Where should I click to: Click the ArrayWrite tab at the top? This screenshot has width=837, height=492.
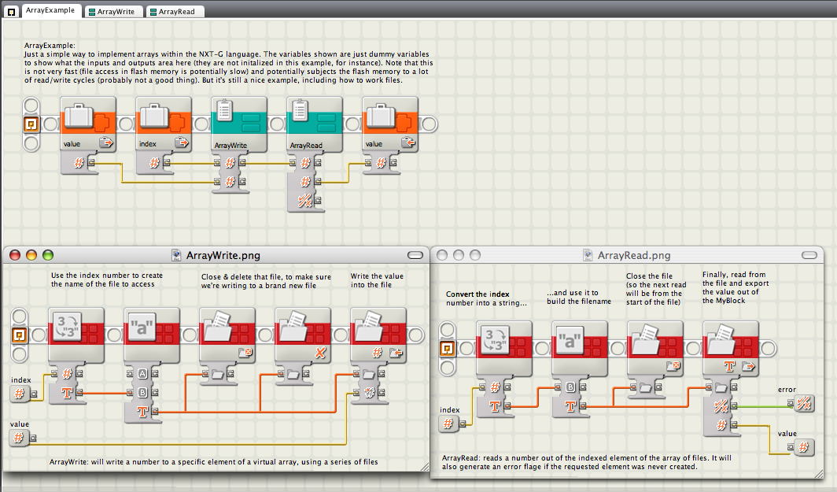click(x=114, y=11)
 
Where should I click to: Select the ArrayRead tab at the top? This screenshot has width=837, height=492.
click(x=175, y=11)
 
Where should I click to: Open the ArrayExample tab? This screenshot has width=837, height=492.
click(x=50, y=10)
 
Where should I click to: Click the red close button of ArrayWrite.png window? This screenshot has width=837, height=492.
click(x=15, y=255)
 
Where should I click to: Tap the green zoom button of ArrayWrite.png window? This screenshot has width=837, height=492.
click(x=48, y=255)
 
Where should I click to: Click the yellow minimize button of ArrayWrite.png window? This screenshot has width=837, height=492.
click(x=31, y=255)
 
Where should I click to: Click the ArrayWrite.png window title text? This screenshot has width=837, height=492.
click(x=223, y=255)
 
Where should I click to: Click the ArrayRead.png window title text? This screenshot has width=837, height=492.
click(x=633, y=255)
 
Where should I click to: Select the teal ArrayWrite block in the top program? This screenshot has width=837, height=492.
click(x=238, y=124)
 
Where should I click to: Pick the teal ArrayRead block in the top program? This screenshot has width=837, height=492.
click(x=315, y=124)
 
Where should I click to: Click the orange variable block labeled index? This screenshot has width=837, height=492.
click(x=164, y=124)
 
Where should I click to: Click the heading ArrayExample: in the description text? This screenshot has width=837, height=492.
click(x=50, y=46)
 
